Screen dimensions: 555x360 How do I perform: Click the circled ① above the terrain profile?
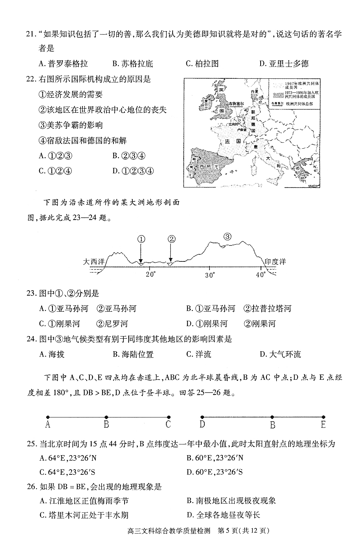(x=141, y=239)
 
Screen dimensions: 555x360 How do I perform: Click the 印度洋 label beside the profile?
(x=275, y=262)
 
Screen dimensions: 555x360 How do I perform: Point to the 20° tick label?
(x=150, y=275)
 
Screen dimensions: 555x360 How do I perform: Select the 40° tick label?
(x=261, y=275)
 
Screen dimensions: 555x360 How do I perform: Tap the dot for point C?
(x=169, y=416)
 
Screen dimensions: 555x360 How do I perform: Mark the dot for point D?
(x=202, y=416)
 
